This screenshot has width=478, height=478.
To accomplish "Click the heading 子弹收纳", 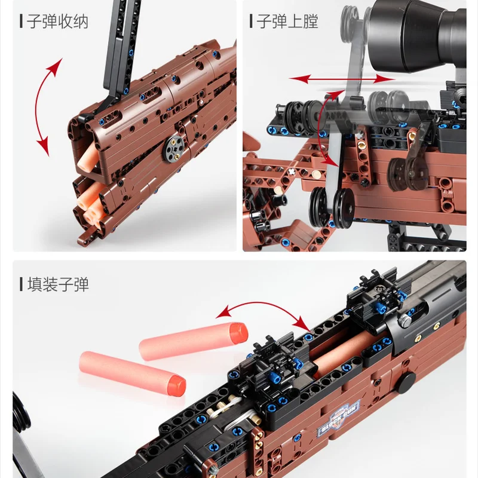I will [x=58, y=22].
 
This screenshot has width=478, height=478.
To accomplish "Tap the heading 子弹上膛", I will [x=287, y=22].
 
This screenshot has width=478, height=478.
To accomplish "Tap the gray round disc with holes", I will [x=174, y=148].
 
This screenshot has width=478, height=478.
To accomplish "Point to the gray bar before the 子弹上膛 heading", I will [x=251, y=22].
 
